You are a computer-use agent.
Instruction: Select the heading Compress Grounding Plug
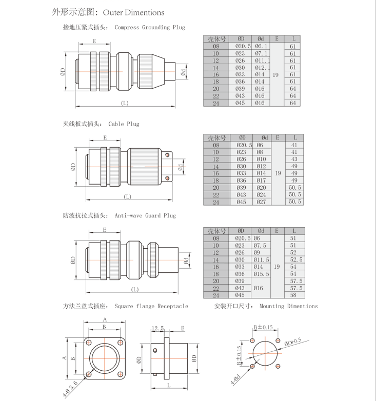pos(150,27)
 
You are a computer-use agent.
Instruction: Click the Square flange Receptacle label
pos(151,306)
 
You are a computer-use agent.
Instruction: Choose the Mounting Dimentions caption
pos(288,306)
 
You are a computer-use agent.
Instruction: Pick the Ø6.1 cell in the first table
pos(261,46)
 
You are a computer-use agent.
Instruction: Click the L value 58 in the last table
pos(293,295)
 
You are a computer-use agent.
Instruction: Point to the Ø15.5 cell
pos(262,274)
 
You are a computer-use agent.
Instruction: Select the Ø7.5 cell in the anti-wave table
pos(262,245)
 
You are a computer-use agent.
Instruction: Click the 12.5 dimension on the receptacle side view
pos(157,328)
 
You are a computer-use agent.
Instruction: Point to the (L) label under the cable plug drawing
pos(127,197)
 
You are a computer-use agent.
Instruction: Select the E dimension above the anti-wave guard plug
pos(104,230)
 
